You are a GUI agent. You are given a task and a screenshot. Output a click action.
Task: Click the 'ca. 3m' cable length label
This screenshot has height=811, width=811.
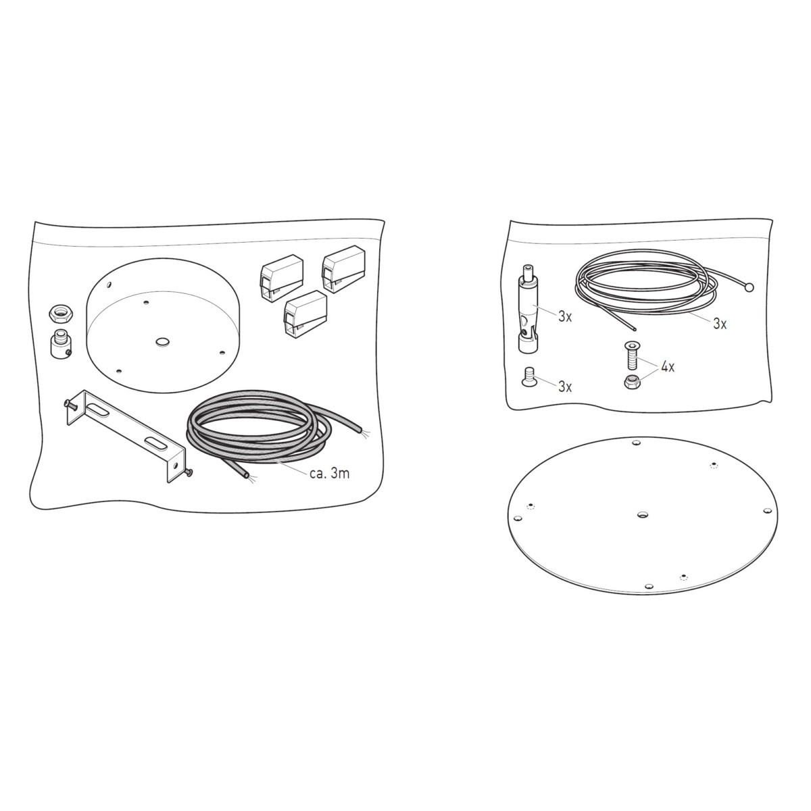330,474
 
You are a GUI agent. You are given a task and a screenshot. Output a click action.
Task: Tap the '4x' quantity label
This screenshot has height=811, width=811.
668,367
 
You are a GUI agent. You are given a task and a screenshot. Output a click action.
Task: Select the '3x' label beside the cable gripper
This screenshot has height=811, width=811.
565,317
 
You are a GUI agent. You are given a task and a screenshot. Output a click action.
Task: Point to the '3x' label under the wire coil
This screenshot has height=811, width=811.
720,324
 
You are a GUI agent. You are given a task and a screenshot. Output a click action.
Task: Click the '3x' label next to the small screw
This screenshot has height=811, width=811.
565,387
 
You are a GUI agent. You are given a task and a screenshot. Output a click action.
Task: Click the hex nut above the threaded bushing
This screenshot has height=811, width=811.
57,313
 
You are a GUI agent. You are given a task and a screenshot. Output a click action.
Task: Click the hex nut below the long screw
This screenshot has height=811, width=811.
630,382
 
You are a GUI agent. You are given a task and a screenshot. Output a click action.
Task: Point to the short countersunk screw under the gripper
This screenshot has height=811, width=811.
528,376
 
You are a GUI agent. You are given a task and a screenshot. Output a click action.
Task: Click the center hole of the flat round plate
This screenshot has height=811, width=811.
642,514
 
